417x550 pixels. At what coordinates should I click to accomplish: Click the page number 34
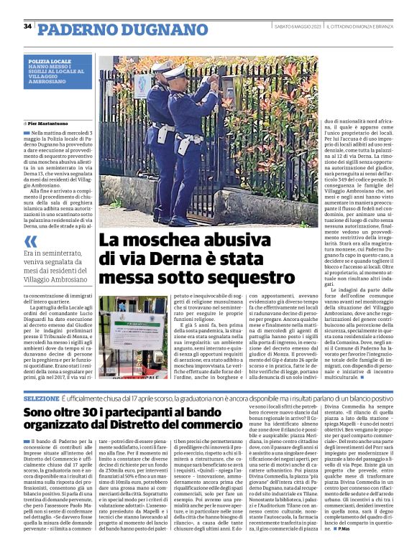coord(27,26)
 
